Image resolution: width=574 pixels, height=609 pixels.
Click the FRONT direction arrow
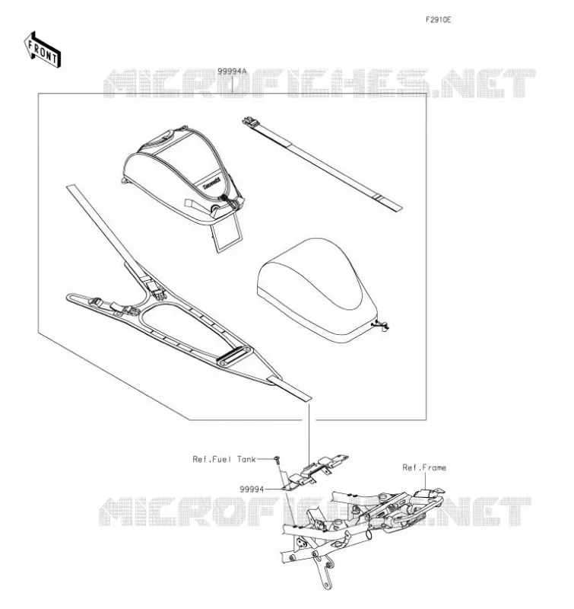click(43, 49)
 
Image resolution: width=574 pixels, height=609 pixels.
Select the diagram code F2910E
click(438, 20)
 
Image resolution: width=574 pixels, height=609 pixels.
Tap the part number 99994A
click(232, 72)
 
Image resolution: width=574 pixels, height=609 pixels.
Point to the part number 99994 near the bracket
click(252, 489)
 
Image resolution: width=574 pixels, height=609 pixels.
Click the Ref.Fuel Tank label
click(224, 459)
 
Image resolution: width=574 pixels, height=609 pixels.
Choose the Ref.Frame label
click(424, 467)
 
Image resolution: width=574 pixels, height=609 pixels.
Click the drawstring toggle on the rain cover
click(381, 325)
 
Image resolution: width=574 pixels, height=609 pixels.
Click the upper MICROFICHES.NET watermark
click(319, 83)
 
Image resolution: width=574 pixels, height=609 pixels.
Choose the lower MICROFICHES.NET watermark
click(315, 511)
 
